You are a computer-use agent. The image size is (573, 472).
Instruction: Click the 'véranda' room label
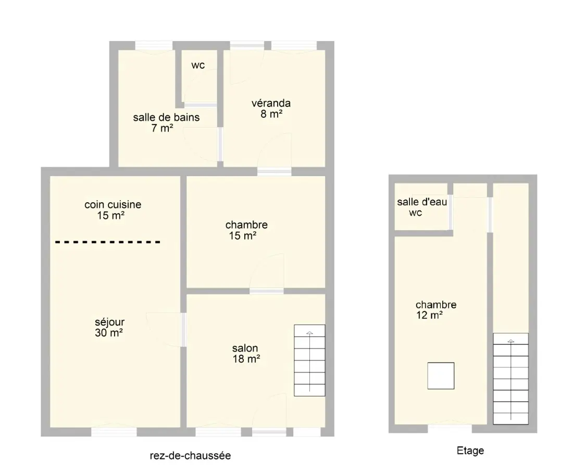pos(271,103)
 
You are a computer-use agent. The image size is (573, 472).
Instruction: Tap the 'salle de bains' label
pos(166,117)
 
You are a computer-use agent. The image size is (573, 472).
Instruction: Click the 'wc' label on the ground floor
pos(198,66)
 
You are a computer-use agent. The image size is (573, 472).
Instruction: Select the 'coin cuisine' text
pos(113,204)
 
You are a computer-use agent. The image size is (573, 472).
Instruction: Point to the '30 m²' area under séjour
pos(109,333)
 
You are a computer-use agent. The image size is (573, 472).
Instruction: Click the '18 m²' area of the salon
pos(246,359)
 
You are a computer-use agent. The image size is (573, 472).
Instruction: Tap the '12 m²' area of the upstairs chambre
pos(429,315)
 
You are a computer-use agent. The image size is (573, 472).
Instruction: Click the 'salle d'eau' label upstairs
pos(422,202)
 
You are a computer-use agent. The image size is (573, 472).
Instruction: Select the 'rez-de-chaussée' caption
pos(190,455)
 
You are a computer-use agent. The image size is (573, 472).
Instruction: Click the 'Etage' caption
pos(470,451)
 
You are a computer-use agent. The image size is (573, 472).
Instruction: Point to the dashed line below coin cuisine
pos(108,242)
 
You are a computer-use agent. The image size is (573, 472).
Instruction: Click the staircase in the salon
pos(309,361)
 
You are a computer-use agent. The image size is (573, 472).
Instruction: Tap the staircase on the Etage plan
pos(510,379)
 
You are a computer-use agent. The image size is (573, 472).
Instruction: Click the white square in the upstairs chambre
pos(441,376)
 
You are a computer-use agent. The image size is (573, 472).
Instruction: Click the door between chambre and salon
pos(267,291)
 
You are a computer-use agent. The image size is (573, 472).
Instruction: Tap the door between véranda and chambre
pos(275,171)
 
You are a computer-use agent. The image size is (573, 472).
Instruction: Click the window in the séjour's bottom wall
pos(114,432)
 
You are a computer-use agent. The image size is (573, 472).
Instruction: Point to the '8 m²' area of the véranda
pos(271,114)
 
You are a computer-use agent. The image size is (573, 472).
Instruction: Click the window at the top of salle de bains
pos(154,46)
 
